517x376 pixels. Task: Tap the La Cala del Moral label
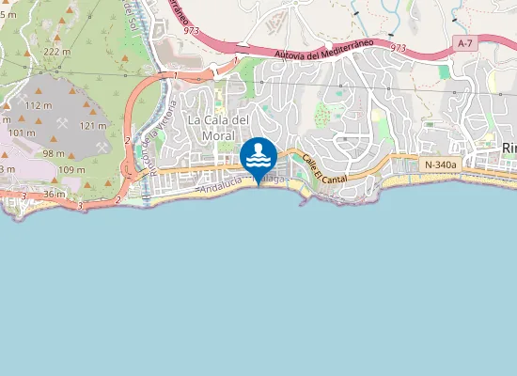pos(217,127)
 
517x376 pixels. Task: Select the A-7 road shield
pos(463,44)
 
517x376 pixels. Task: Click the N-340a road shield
pos(440,164)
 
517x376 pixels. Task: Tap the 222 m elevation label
pos(57,52)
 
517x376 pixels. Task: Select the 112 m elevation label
pos(39,105)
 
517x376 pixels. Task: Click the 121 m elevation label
pos(93,125)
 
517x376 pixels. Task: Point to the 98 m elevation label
pos(53,153)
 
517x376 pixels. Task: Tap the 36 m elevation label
pos(54,194)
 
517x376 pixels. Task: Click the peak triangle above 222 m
pos(65,39)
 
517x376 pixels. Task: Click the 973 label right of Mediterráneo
pos(398,46)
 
